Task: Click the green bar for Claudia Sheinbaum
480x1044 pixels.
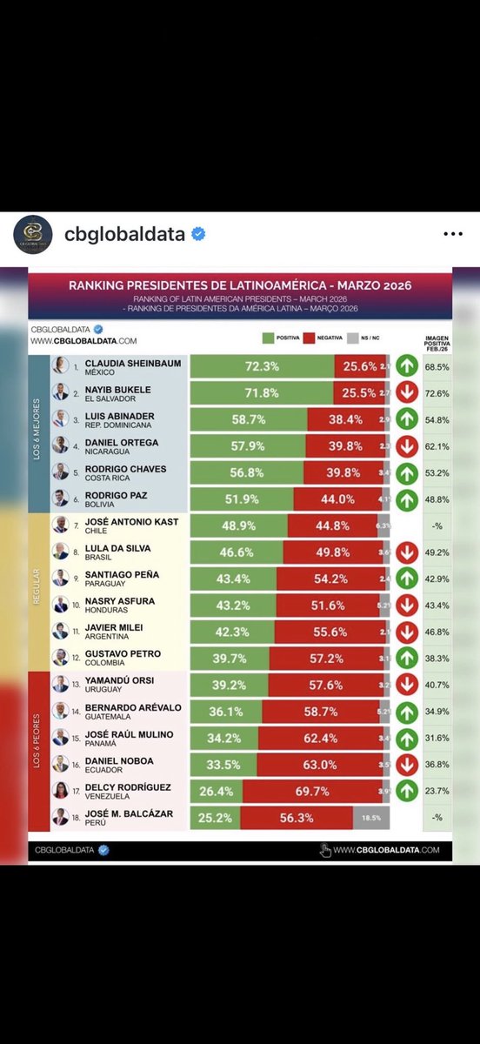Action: point(262,366)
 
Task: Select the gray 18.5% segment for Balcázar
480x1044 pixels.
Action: point(371,818)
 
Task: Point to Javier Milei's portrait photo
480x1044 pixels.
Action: point(60,630)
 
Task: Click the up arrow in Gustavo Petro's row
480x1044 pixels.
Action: point(406,658)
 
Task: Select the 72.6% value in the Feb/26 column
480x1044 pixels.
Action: point(438,393)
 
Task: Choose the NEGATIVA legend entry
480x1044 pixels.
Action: point(327,338)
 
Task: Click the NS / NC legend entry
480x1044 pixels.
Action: point(366,338)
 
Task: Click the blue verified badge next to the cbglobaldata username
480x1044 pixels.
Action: point(198,234)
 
